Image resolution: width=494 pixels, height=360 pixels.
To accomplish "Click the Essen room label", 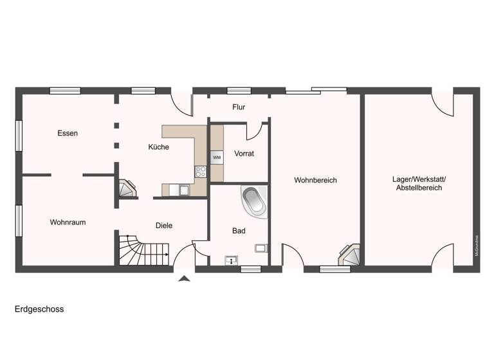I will (x=68, y=134).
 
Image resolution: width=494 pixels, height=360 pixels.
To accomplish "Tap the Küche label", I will (x=158, y=147).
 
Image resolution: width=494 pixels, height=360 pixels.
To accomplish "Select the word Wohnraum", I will (x=68, y=222).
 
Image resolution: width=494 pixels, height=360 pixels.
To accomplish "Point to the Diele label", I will (x=164, y=226).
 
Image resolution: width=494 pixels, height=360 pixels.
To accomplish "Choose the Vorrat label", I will (x=244, y=154).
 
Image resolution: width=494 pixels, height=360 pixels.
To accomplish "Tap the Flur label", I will (x=239, y=107).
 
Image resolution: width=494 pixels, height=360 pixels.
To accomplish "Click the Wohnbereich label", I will (x=315, y=181).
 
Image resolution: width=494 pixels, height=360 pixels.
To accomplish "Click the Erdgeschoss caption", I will (x=39, y=309).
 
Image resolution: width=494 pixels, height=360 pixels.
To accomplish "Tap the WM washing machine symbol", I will (x=217, y=157).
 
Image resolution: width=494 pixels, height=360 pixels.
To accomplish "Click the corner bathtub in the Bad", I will (x=254, y=201).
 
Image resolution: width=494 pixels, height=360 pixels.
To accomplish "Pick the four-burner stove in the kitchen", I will (x=201, y=172).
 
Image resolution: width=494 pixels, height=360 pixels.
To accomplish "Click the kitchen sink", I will (x=183, y=190).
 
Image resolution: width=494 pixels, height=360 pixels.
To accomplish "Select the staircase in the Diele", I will (x=143, y=250).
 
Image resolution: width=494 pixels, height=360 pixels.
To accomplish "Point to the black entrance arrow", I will (x=184, y=278).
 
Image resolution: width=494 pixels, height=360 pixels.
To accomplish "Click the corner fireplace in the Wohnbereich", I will (x=350, y=254).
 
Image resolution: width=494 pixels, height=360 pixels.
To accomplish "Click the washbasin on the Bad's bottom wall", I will (x=232, y=260).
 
